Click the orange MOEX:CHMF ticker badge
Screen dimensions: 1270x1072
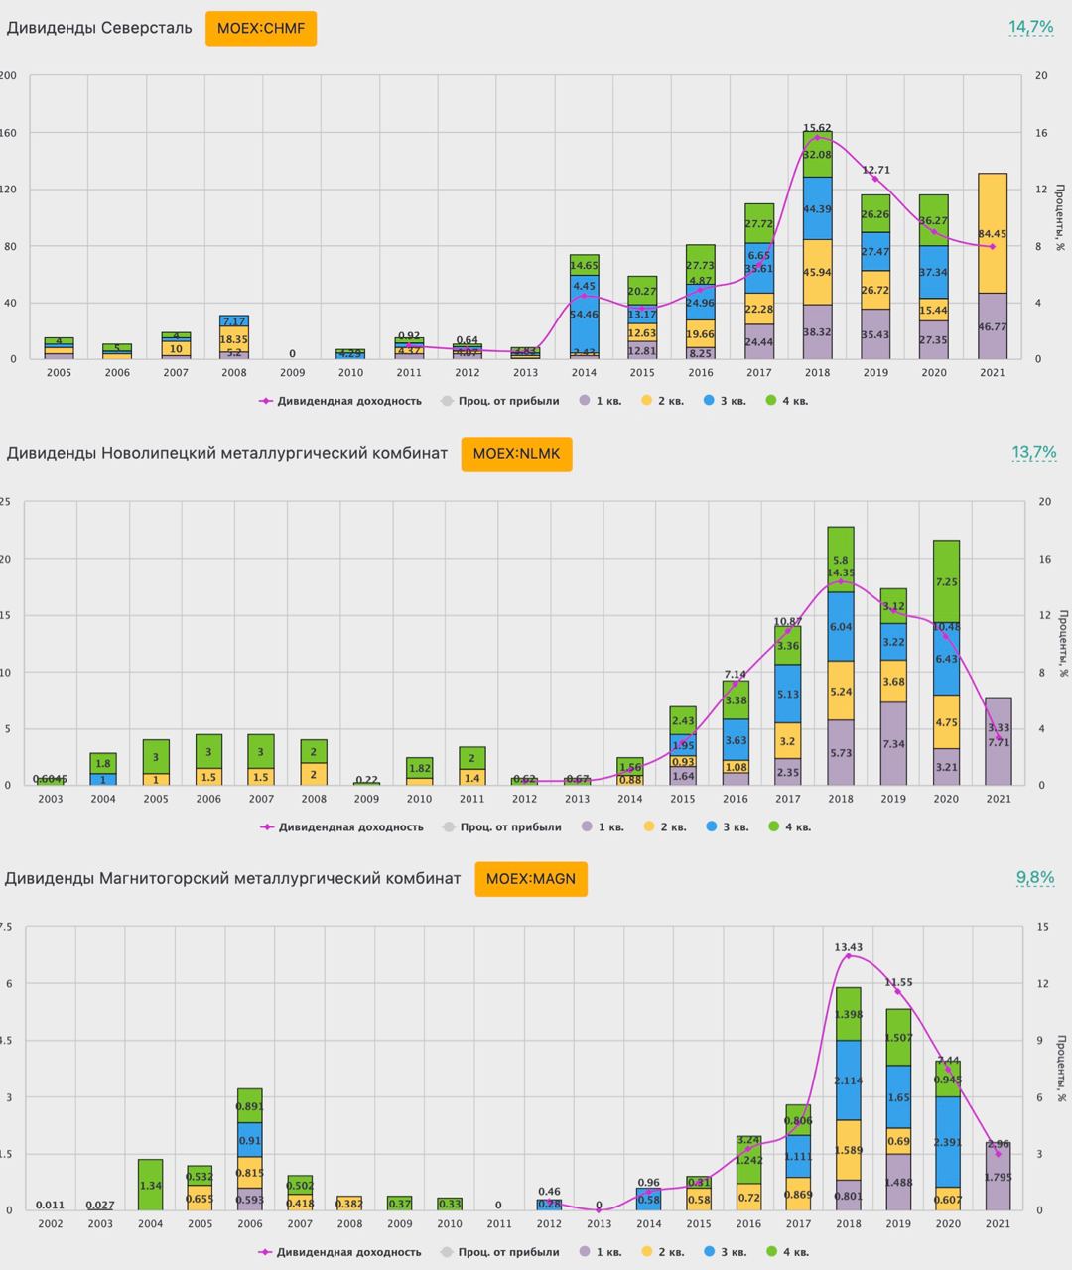(x=261, y=28)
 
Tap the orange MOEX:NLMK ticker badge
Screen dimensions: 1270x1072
(x=516, y=453)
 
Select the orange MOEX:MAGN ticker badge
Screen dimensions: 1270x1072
(x=531, y=878)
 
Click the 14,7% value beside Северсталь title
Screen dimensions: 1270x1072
(x=1030, y=27)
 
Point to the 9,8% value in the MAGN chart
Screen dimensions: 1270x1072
(x=1034, y=877)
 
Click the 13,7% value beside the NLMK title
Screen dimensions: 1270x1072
(x=1032, y=452)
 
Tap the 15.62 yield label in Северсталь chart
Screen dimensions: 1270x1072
(x=817, y=128)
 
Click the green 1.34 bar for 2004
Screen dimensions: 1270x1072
(x=151, y=1185)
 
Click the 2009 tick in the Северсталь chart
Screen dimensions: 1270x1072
(x=293, y=373)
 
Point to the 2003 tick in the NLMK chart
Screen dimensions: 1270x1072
(x=51, y=799)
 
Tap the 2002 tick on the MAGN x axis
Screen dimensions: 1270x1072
(x=51, y=1224)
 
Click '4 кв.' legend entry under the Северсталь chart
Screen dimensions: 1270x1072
(x=788, y=401)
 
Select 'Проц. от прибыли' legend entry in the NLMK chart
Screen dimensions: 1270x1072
(x=502, y=826)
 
